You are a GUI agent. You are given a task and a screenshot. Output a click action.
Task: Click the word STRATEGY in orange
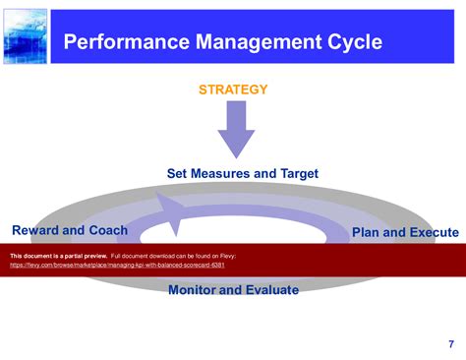233,90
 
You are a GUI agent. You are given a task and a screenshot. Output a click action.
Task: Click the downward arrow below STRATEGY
236,129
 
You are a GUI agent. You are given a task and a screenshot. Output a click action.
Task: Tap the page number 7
450,343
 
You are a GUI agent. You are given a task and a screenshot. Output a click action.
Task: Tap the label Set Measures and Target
242,173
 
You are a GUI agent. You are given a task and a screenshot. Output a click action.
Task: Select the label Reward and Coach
69,230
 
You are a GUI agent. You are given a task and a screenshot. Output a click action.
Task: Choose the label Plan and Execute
404,232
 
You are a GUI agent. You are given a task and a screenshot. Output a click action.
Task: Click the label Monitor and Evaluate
233,289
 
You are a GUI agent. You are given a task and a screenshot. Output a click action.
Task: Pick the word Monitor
196,289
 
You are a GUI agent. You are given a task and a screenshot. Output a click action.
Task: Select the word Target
296,173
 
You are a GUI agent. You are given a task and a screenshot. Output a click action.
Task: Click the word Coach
107,230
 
